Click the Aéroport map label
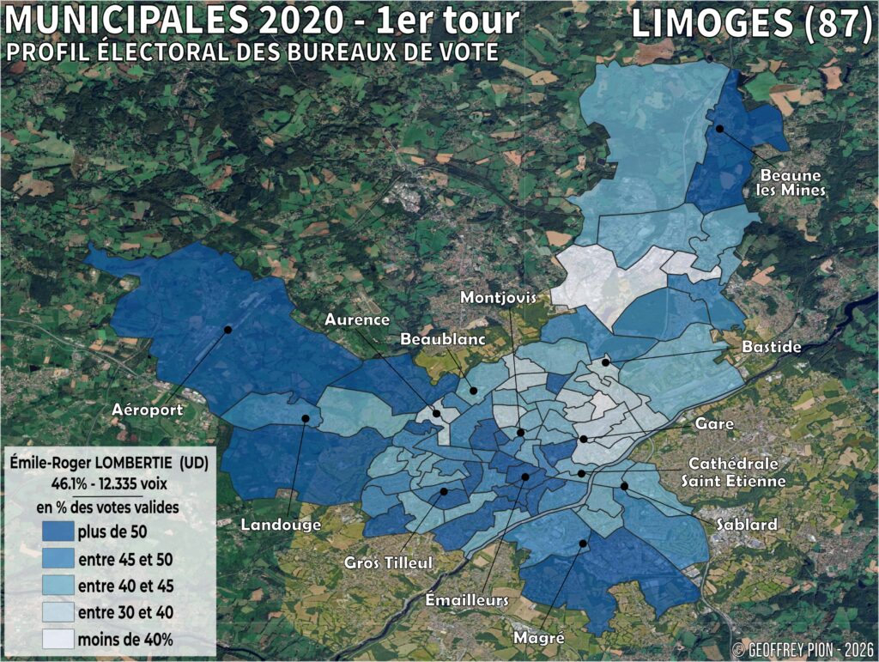148,410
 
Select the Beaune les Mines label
791,182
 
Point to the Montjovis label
498,297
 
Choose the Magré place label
538,637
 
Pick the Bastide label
773,347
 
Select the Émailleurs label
467,598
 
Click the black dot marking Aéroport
228,329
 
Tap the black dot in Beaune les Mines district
720,129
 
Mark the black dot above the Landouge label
305,418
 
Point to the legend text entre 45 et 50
124,559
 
